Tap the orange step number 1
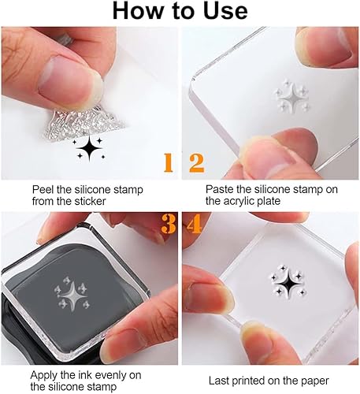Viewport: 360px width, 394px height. pyautogui.click(x=167, y=162)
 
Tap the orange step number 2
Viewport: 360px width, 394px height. pyautogui.click(x=195, y=162)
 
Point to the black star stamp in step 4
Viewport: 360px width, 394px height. pyautogui.click(x=281, y=281)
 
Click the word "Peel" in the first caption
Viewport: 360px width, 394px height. pyautogui.click(x=44, y=190)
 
